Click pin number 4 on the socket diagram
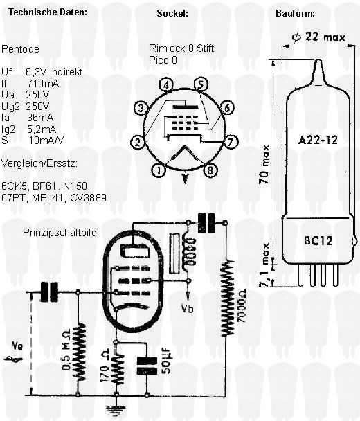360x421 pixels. (x=166, y=85)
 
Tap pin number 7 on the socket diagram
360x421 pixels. (x=231, y=142)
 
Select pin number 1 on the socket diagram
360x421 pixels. (x=159, y=170)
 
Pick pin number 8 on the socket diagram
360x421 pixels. (x=210, y=170)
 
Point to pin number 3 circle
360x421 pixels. (x=141, y=109)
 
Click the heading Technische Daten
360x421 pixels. (x=48, y=12)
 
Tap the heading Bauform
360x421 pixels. (x=295, y=13)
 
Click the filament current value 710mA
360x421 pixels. (x=43, y=84)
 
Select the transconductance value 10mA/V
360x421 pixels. (x=46, y=141)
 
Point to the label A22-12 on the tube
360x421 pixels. (x=318, y=140)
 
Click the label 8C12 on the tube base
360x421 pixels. (x=318, y=240)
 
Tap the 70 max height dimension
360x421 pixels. (x=264, y=164)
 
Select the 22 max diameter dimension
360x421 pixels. (x=318, y=37)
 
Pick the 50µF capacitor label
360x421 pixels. (x=167, y=360)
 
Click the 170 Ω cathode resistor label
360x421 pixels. (x=105, y=366)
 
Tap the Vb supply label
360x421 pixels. (x=188, y=309)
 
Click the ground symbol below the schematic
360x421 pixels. (x=116, y=410)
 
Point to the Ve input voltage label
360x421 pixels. (x=17, y=346)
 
